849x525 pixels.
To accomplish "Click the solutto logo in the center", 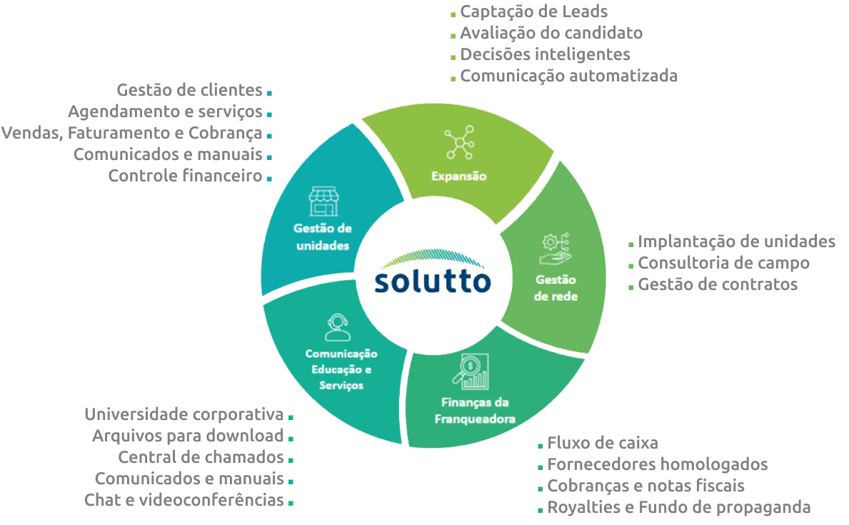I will (x=433, y=274).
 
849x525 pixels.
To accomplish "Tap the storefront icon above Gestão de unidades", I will (x=323, y=201).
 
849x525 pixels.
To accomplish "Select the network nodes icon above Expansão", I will (x=458, y=142).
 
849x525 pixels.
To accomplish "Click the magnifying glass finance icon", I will (x=470, y=371).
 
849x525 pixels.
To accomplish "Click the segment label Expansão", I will (x=458, y=176).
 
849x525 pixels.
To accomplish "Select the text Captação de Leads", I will (x=533, y=11).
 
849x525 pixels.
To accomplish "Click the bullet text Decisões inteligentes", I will (x=545, y=54).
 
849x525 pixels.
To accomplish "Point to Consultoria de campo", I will (x=723, y=263).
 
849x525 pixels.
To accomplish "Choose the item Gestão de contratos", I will (x=718, y=284).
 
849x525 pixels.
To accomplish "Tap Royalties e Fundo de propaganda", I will (x=678, y=507).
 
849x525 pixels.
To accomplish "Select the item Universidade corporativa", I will (x=184, y=414).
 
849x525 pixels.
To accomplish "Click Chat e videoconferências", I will (x=184, y=500).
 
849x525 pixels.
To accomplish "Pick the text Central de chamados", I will (x=201, y=457).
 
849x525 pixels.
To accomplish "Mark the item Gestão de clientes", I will (x=189, y=90).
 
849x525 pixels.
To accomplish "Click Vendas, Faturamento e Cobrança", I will (x=132, y=133).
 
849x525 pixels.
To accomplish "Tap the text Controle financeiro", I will (x=186, y=176).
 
